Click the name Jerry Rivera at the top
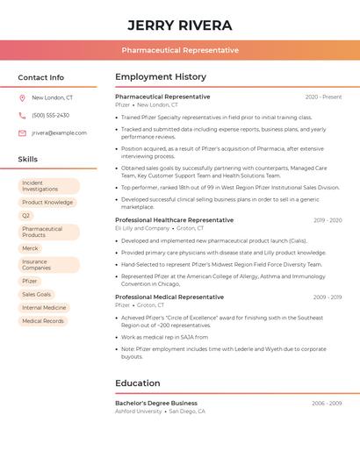click(180, 25)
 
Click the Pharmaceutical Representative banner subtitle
click(180, 50)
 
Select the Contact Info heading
click(41, 77)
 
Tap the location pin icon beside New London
click(22, 98)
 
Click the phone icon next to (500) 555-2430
click(22, 115)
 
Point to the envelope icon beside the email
click(22, 133)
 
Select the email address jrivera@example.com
click(59, 133)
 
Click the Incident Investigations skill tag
click(48, 186)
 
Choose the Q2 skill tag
click(26, 215)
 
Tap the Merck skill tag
click(31, 248)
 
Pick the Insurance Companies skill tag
click(48, 265)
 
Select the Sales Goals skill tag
click(37, 294)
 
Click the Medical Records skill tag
click(43, 321)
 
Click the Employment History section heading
click(161, 77)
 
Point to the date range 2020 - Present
click(323, 97)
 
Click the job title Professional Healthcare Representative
click(174, 220)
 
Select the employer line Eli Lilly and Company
click(142, 228)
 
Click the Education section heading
click(138, 383)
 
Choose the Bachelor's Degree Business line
click(156, 403)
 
